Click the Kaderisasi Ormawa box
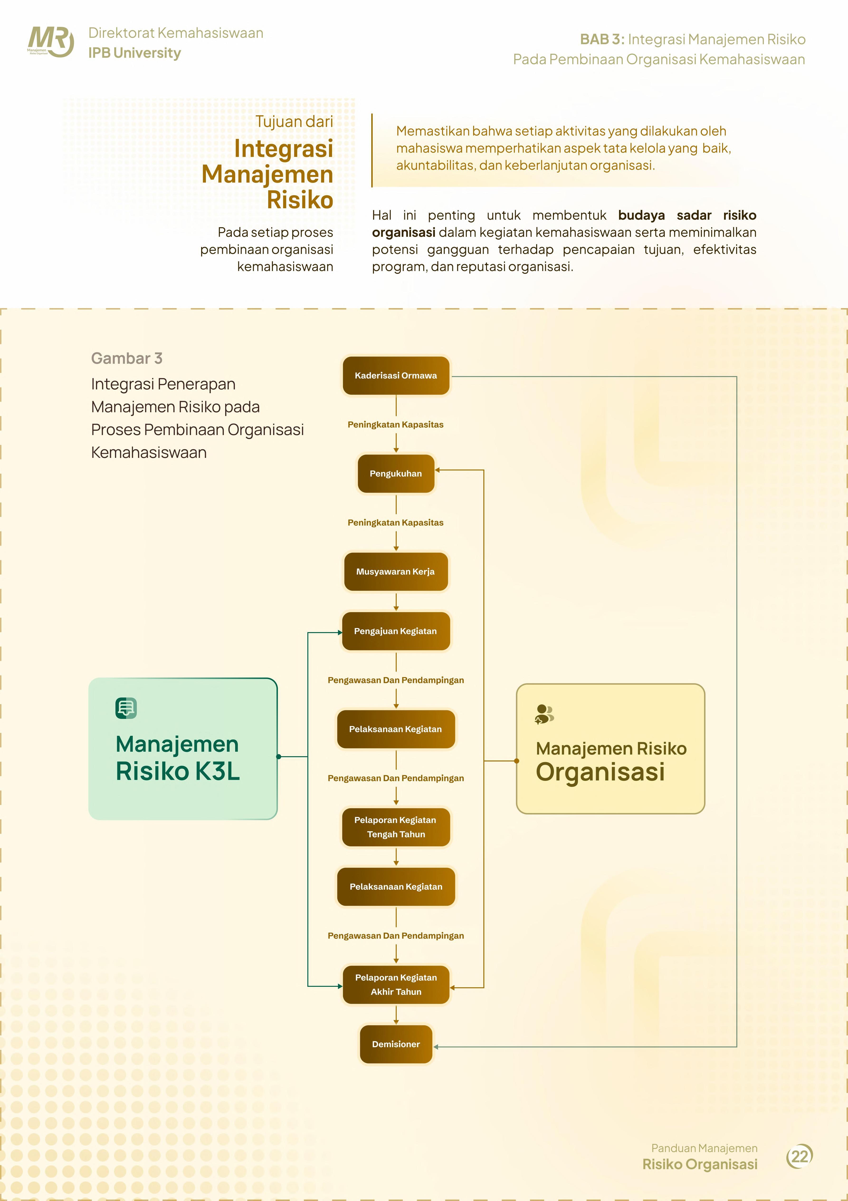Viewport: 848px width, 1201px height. tap(396, 376)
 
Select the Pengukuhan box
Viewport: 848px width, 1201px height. tap(396, 473)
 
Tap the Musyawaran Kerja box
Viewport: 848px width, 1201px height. tap(396, 572)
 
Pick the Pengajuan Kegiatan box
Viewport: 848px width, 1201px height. tap(396, 631)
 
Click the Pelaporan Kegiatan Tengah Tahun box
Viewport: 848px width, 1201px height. tap(396, 827)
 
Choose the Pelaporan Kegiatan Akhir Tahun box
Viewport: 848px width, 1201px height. tap(396, 984)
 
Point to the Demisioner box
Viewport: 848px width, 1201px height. tap(396, 1044)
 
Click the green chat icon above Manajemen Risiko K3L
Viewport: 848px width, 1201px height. tap(126, 708)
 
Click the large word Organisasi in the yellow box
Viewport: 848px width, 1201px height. tap(600, 772)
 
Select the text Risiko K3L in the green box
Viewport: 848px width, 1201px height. tap(178, 771)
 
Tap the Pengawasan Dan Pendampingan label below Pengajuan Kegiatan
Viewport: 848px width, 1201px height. tap(396, 680)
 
